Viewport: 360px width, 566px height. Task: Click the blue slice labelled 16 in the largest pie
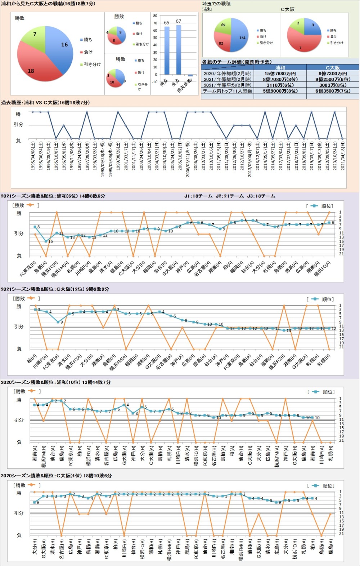[59, 45]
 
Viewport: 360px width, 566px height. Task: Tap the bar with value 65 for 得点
[167, 50]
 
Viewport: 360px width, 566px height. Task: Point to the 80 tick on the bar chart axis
[155, 16]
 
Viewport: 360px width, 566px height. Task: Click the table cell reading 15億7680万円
[280, 73]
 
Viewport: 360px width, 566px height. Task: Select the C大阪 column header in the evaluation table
[332, 68]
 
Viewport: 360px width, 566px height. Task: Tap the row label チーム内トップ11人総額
[228, 91]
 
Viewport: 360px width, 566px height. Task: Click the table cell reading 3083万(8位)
[332, 85]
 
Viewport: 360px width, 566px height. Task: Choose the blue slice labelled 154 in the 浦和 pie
[240, 36]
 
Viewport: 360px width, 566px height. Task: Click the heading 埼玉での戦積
[216, 4]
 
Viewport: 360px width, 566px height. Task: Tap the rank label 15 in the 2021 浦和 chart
[50, 241]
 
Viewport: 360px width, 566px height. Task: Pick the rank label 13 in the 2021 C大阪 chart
[289, 331]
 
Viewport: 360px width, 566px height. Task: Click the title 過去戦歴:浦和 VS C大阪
[45, 103]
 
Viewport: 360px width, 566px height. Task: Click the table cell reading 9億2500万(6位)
[332, 79]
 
